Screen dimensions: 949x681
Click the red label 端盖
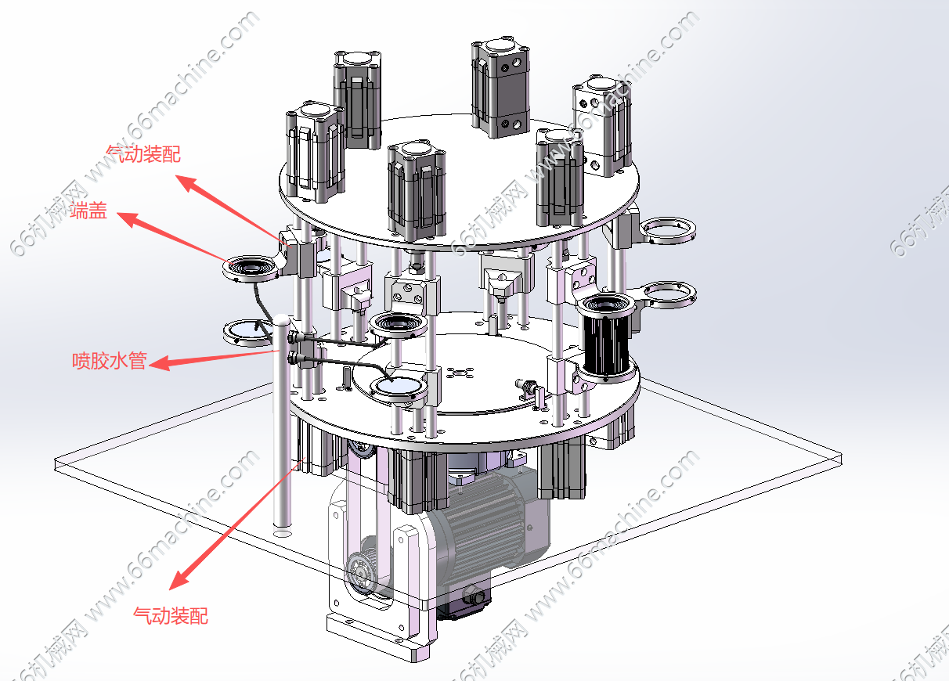tap(88, 211)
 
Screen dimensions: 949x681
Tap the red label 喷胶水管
tap(110, 360)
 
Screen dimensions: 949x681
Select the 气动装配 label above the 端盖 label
tap(143, 153)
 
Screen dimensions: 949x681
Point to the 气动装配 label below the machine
tap(171, 615)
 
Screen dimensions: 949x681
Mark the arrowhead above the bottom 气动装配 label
tap(179, 578)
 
